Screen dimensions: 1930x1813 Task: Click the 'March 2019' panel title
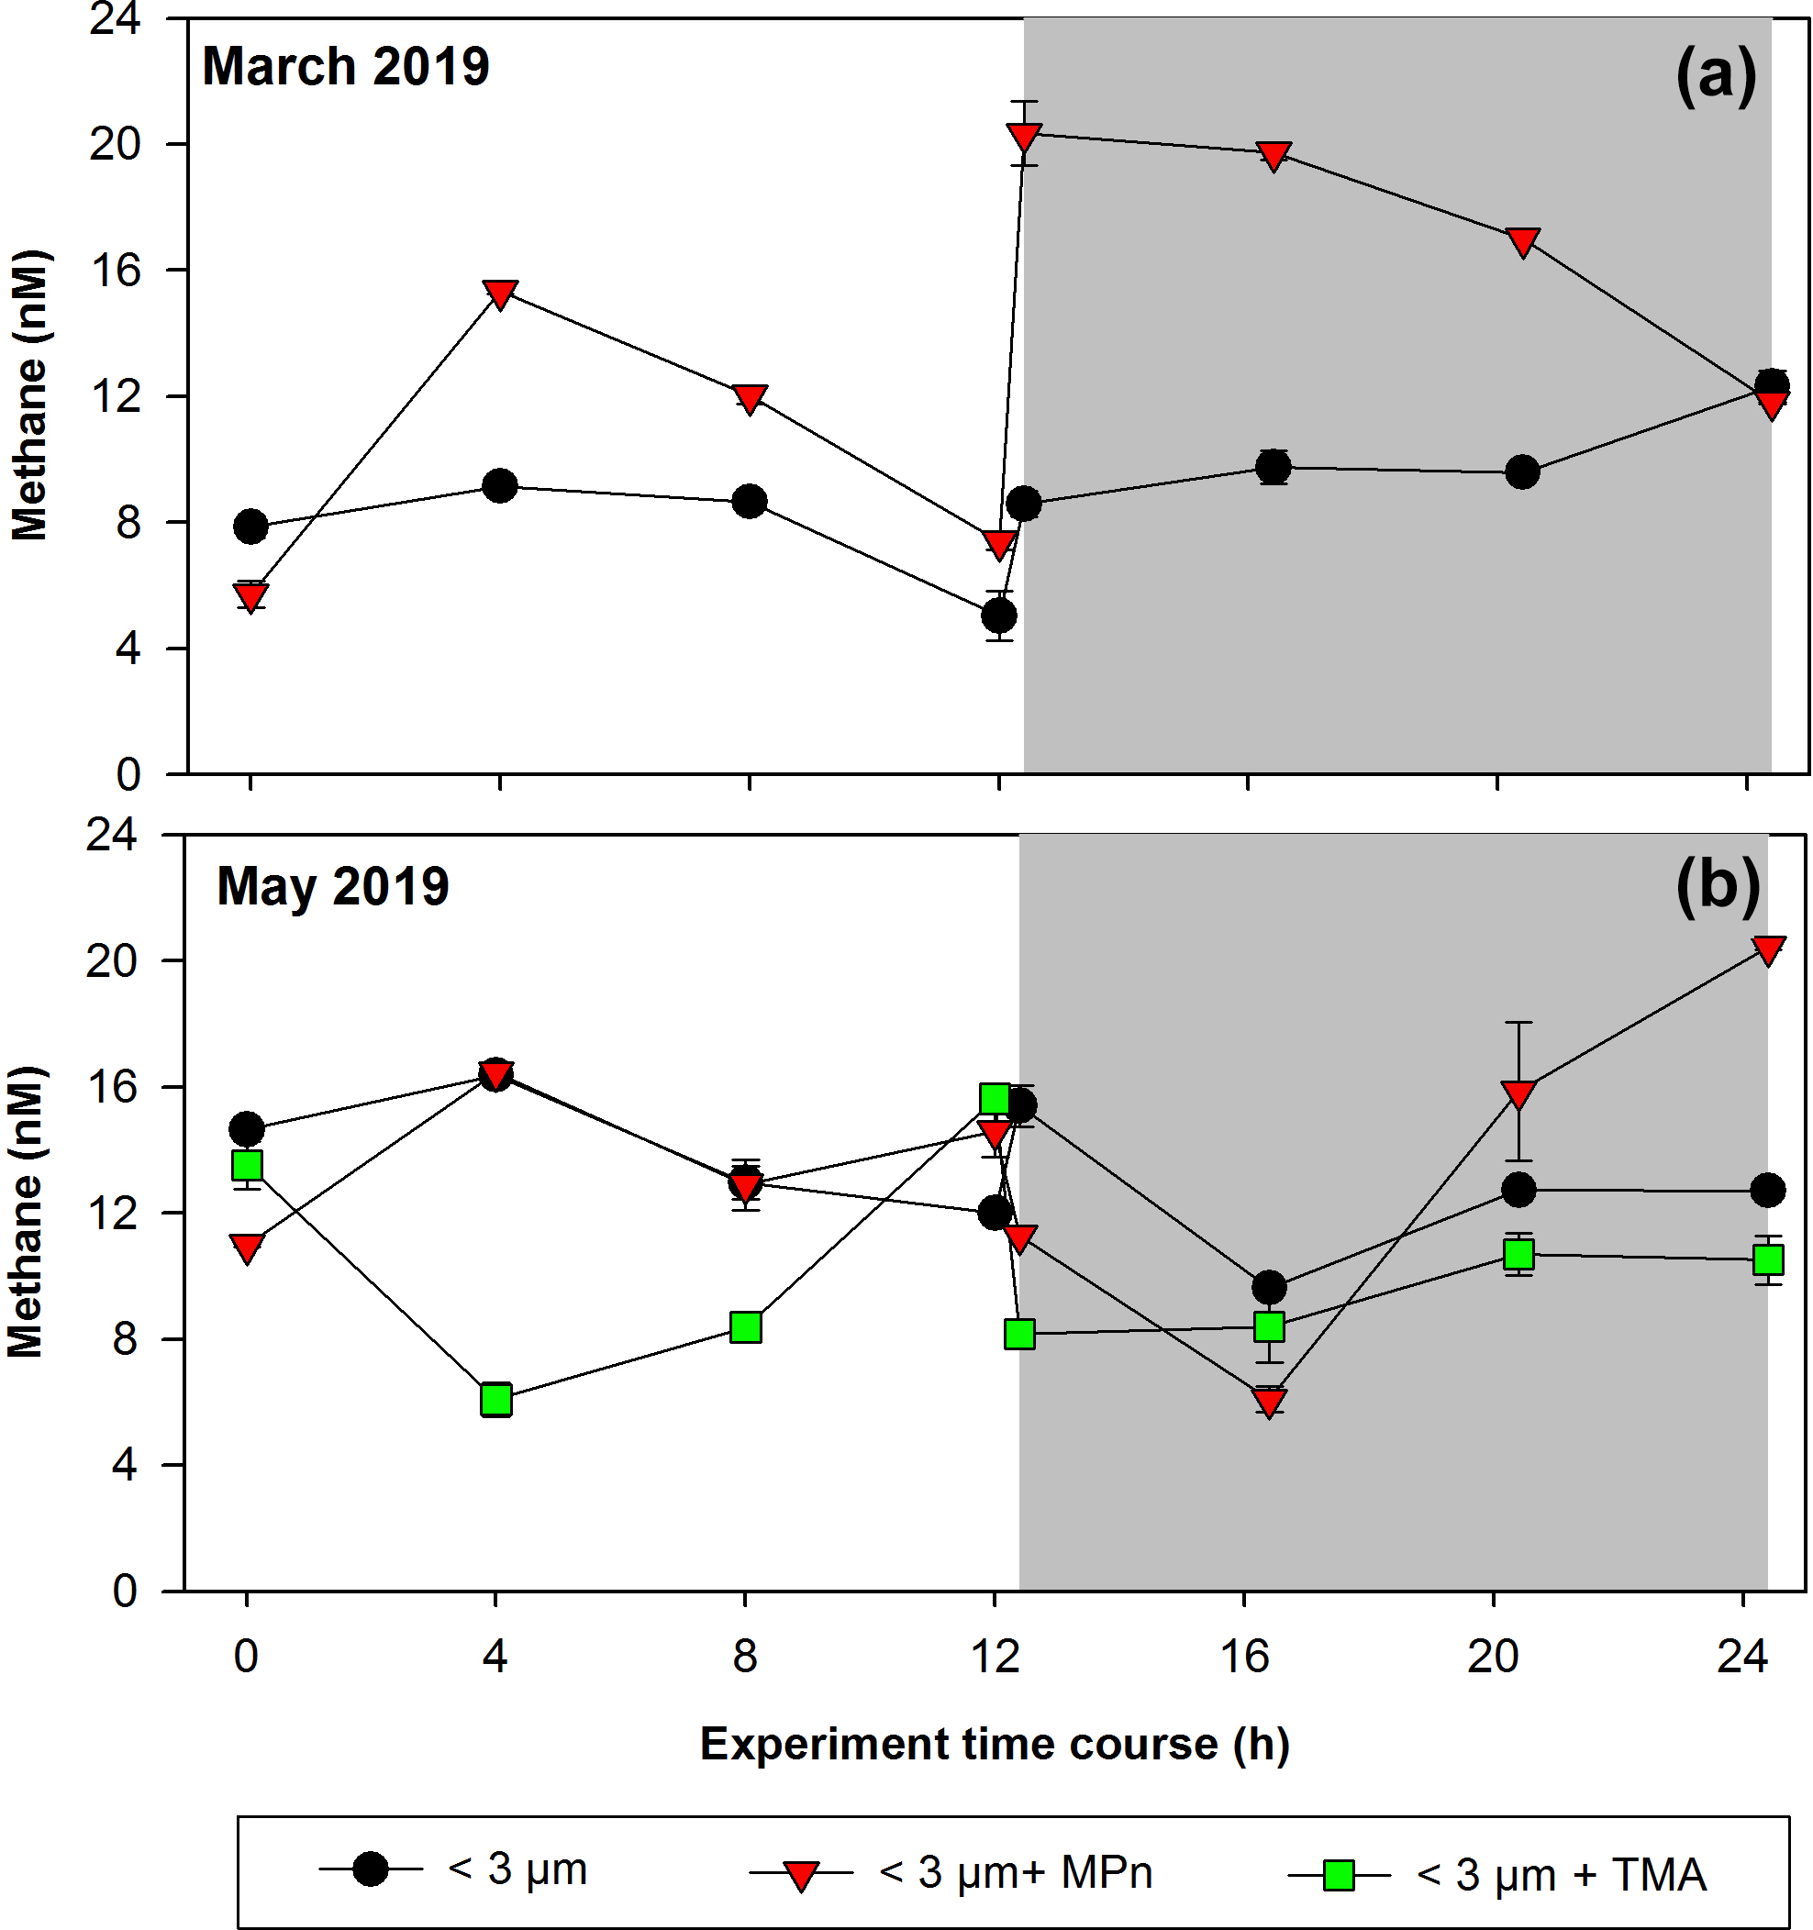tap(345, 67)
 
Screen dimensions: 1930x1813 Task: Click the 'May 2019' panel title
tap(332, 886)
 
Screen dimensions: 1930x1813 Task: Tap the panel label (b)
tap(1717, 887)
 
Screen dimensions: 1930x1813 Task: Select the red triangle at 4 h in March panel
tap(499, 294)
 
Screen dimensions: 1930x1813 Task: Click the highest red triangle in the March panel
tap(1024, 136)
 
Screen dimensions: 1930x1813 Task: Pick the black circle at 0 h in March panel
tap(250, 527)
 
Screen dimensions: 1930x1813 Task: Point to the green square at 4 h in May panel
tap(496, 1399)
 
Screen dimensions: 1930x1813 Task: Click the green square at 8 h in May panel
tap(745, 1326)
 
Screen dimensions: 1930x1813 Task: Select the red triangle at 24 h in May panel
tap(1767, 949)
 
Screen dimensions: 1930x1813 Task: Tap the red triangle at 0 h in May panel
tap(247, 1248)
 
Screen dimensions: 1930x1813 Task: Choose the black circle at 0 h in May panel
tap(247, 1129)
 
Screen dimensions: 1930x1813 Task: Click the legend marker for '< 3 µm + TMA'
tap(1340, 1874)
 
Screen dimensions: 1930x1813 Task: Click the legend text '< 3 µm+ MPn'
tap(1015, 1871)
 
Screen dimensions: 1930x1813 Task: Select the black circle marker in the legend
tap(370, 1868)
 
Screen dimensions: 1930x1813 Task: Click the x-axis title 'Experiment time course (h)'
tap(995, 1745)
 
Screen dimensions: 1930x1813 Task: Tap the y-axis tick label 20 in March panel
tap(115, 145)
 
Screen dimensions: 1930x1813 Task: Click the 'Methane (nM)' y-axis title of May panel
tap(27, 1213)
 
